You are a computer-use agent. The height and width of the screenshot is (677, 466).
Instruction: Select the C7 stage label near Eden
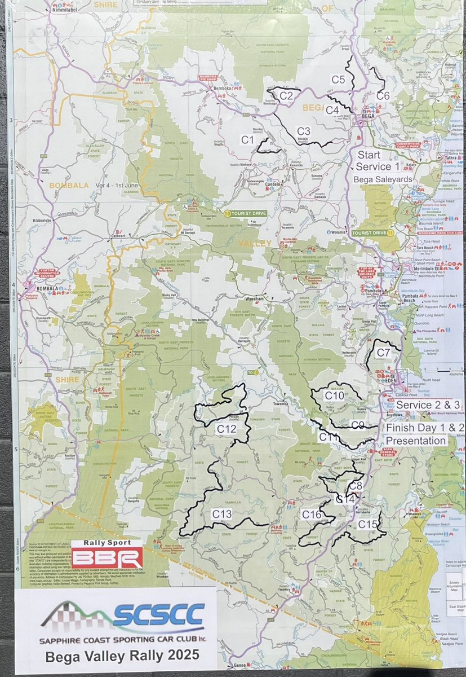384,353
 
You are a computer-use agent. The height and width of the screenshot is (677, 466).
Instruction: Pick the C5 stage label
338,80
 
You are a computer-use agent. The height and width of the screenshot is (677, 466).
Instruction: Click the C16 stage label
311,515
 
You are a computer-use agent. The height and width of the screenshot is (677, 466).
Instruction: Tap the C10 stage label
334,396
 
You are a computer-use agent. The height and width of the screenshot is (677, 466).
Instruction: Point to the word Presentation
416,440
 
